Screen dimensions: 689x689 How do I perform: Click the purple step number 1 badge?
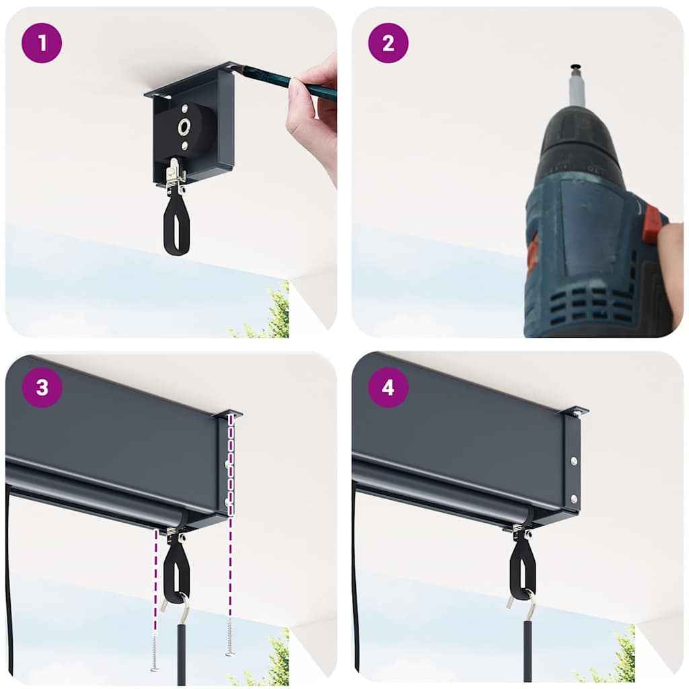[42, 42]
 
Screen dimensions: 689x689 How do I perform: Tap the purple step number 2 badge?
[388, 42]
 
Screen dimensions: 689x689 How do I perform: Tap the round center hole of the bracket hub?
[183, 126]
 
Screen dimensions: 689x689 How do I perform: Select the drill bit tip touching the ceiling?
[576, 68]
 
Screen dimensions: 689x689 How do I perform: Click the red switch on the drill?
[651, 226]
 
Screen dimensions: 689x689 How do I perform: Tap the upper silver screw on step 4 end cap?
[573, 462]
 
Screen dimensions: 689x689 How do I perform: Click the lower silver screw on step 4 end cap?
[573, 499]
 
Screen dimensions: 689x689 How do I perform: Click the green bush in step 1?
[273, 316]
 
